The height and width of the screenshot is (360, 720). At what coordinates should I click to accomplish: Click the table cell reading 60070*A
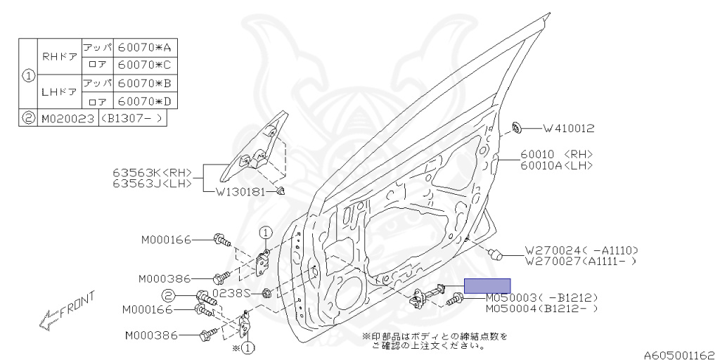point(145,47)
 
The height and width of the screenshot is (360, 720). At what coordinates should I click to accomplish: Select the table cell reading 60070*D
point(145,101)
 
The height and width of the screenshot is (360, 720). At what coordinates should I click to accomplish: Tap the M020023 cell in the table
point(68,118)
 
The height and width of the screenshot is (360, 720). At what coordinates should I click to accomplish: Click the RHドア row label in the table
point(60,57)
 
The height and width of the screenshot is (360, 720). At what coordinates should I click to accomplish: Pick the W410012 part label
point(569,129)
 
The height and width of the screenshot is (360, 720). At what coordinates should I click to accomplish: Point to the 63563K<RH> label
point(152,173)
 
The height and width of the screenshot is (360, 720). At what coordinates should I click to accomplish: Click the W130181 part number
point(240,192)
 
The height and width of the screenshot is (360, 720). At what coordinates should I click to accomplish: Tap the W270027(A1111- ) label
point(581,262)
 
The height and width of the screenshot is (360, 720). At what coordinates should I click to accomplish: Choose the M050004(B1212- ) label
point(542,309)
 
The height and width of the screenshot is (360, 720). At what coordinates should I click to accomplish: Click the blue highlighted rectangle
point(487,286)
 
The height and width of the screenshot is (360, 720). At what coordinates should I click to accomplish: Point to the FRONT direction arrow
point(67,311)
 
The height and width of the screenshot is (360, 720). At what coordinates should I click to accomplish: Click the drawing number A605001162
point(681,355)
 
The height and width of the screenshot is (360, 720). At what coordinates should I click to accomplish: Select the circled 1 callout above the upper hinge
point(265,232)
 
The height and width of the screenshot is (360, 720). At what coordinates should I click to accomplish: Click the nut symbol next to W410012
point(516,128)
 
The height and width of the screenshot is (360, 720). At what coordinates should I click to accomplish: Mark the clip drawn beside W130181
point(282,191)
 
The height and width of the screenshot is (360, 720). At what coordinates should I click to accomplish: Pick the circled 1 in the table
point(28,75)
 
